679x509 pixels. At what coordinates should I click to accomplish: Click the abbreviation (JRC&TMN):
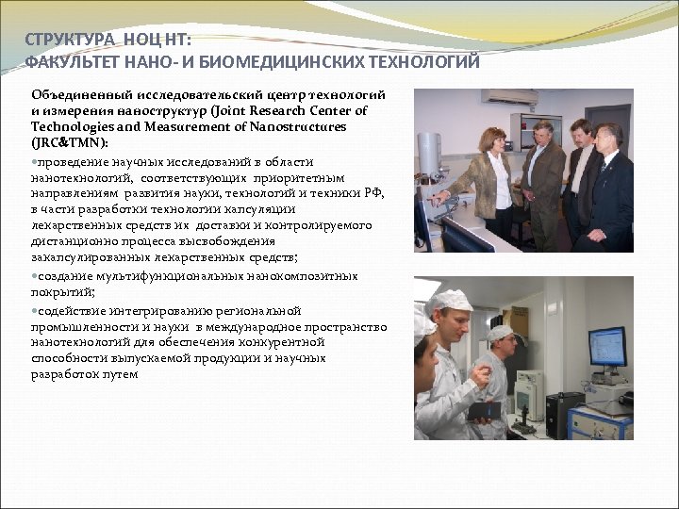(x=70, y=141)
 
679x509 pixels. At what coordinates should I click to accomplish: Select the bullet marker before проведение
(x=35, y=161)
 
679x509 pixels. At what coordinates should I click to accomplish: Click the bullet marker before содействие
(x=35, y=310)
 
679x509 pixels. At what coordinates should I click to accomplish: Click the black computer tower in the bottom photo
(x=564, y=415)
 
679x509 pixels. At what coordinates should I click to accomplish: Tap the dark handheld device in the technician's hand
(x=482, y=410)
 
